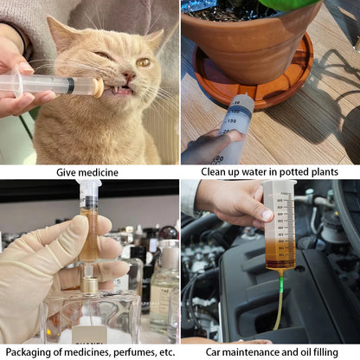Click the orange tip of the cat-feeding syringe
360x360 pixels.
pyautogui.click(x=99, y=87)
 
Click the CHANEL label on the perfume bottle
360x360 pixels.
pyautogui.click(x=88, y=334)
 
